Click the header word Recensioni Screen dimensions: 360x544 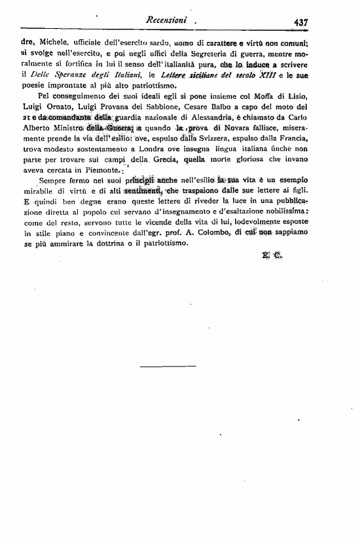(x=169, y=20)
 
